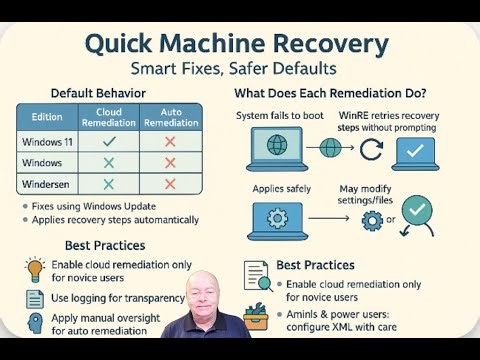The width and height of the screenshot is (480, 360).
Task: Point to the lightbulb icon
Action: (34, 269)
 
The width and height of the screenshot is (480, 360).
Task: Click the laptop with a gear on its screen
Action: (273, 218)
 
